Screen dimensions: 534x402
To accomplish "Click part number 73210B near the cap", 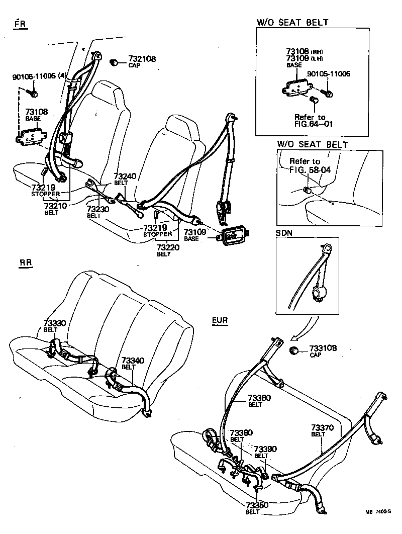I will click(x=142, y=59).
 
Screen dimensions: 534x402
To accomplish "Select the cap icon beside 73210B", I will click(x=114, y=62).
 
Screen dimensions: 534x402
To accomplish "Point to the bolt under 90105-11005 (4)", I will click(x=33, y=93).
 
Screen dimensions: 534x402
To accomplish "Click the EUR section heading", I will click(x=219, y=320).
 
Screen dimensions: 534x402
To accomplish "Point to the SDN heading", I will click(x=285, y=234).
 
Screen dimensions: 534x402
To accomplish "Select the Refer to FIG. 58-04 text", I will click(x=310, y=165).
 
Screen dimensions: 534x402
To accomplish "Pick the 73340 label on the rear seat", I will click(x=133, y=362).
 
